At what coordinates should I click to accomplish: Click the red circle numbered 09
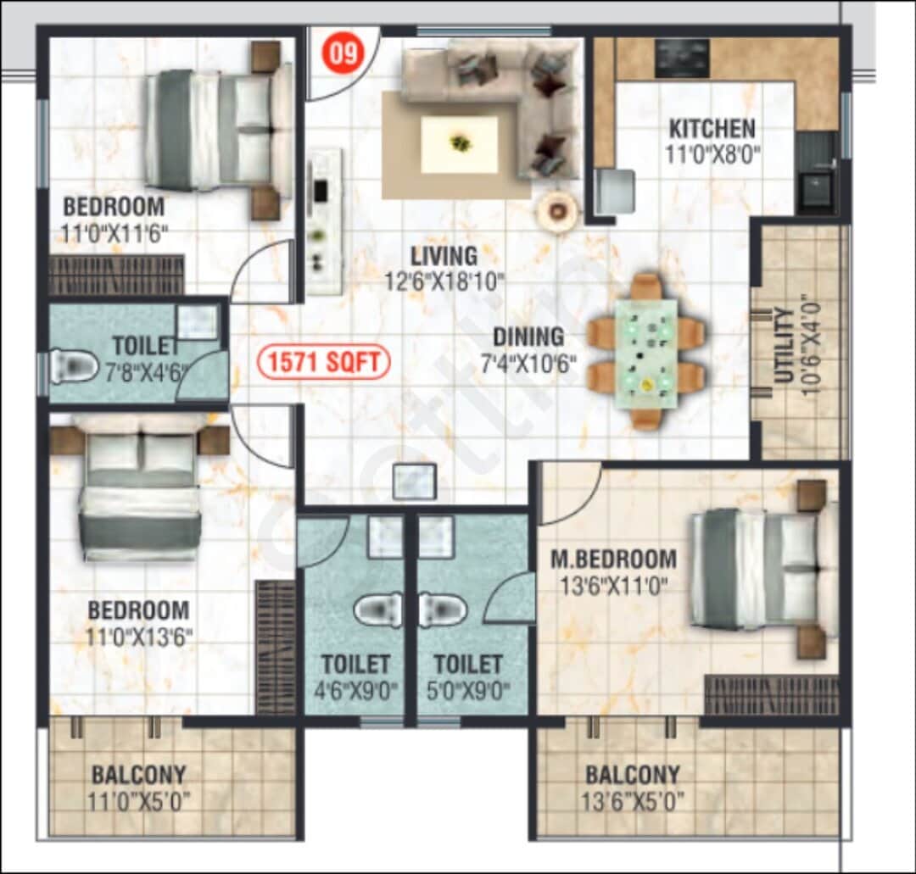pos(343,53)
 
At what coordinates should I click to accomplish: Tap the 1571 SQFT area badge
pos(324,363)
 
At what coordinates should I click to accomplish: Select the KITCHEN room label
pos(712,129)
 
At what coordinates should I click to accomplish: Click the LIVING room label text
pos(444,255)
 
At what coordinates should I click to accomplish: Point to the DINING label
pos(528,337)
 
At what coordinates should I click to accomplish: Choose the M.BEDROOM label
pos(613,559)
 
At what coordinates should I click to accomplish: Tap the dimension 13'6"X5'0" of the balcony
pos(632,800)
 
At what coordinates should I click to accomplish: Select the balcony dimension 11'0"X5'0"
pos(138,800)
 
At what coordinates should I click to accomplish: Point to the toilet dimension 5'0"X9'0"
pos(468,689)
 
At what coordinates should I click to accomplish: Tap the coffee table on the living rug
pos(460,144)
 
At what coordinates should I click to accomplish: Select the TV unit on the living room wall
pos(323,222)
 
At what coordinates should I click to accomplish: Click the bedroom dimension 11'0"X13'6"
pos(138,637)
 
